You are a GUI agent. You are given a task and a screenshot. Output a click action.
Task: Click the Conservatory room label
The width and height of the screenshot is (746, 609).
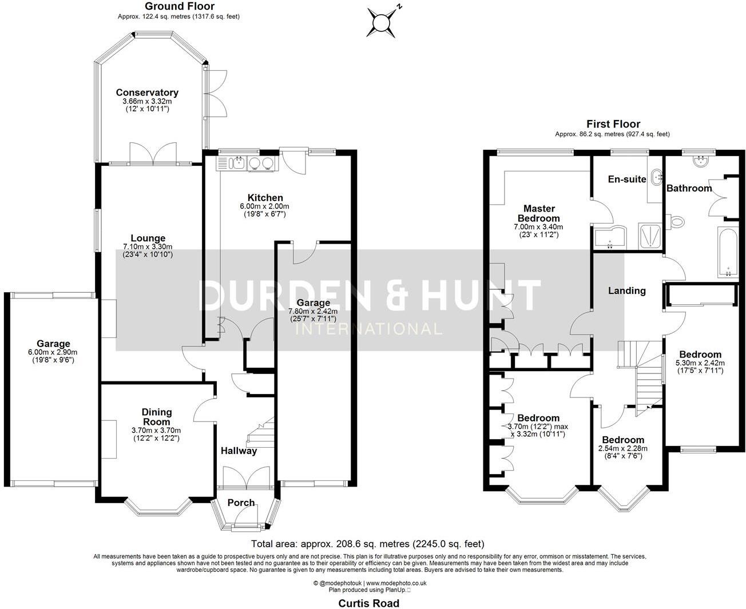[147, 93]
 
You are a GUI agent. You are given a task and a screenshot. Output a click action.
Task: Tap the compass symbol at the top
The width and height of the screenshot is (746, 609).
[382, 23]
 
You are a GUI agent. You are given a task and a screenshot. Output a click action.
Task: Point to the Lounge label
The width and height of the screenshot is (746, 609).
[148, 238]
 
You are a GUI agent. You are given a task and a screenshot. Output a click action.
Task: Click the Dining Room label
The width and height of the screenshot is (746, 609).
[156, 417]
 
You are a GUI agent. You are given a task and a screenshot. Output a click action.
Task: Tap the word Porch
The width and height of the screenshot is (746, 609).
[241, 503]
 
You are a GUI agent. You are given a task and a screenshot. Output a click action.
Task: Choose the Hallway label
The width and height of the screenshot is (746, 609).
[239, 451]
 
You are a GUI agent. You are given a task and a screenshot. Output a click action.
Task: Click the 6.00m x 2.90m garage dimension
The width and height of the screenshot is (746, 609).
[53, 352]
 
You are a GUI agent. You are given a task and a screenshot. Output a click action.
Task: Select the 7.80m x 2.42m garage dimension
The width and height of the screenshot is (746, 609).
[313, 311]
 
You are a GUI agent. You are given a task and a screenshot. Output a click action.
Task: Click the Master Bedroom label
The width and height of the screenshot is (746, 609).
[538, 213]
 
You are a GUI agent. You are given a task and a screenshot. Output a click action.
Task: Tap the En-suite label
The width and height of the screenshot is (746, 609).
[627, 179]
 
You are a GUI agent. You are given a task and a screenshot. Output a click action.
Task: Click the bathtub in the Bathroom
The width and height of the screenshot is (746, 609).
[728, 252]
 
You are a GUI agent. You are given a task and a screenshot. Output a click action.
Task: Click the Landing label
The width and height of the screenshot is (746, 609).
[627, 290]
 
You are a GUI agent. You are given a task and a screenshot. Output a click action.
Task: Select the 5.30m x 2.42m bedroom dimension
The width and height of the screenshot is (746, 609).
[700, 363]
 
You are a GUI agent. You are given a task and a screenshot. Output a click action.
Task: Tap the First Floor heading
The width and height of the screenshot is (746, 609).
[613, 124]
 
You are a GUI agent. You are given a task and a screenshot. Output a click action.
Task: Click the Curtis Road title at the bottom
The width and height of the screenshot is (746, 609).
[368, 603]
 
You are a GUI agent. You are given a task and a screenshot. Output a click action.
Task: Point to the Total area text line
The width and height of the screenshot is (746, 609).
[368, 544]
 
